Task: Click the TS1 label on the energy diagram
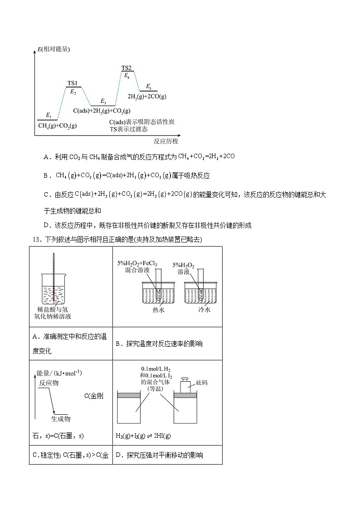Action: click(x=73, y=83)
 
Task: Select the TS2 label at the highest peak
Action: click(x=126, y=68)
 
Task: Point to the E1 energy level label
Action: click(x=49, y=116)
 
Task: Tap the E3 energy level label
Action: click(x=103, y=101)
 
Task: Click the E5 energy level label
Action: click(x=149, y=87)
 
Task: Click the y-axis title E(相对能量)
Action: click(x=54, y=49)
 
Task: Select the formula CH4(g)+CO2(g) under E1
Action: click(x=58, y=126)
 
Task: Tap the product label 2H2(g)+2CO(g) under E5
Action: click(x=147, y=97)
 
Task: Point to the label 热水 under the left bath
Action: click(x=159, y=310)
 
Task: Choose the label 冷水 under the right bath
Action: click(x=205, y=310)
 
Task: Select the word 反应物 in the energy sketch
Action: click(x=49, y=383)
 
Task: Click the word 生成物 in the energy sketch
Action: click(x=61, y=418)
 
